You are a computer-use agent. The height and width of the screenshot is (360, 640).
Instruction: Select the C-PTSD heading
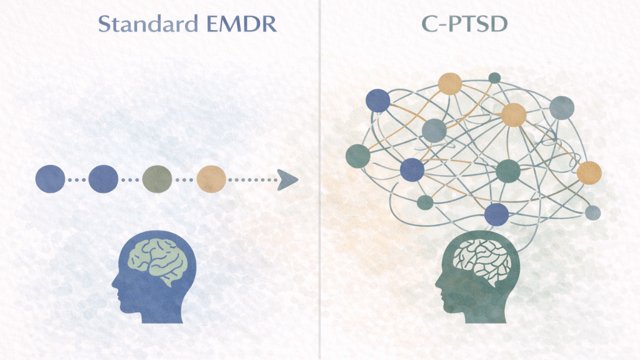[464, 24]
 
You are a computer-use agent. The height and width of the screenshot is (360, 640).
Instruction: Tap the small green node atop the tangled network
[494, 77]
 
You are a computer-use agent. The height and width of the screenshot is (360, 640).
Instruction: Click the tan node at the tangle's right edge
[588, 173]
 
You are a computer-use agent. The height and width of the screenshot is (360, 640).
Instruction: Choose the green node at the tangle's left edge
[358, 156]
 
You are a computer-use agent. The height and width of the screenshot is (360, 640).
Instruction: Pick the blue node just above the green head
[496, 214]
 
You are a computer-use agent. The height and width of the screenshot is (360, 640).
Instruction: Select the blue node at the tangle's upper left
[378, 100]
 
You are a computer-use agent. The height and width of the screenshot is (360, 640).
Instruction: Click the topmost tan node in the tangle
[449, 83]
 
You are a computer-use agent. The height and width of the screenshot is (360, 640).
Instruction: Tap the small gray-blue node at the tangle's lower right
[592, 212]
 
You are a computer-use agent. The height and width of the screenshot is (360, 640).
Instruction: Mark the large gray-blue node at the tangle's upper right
[561, 108]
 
